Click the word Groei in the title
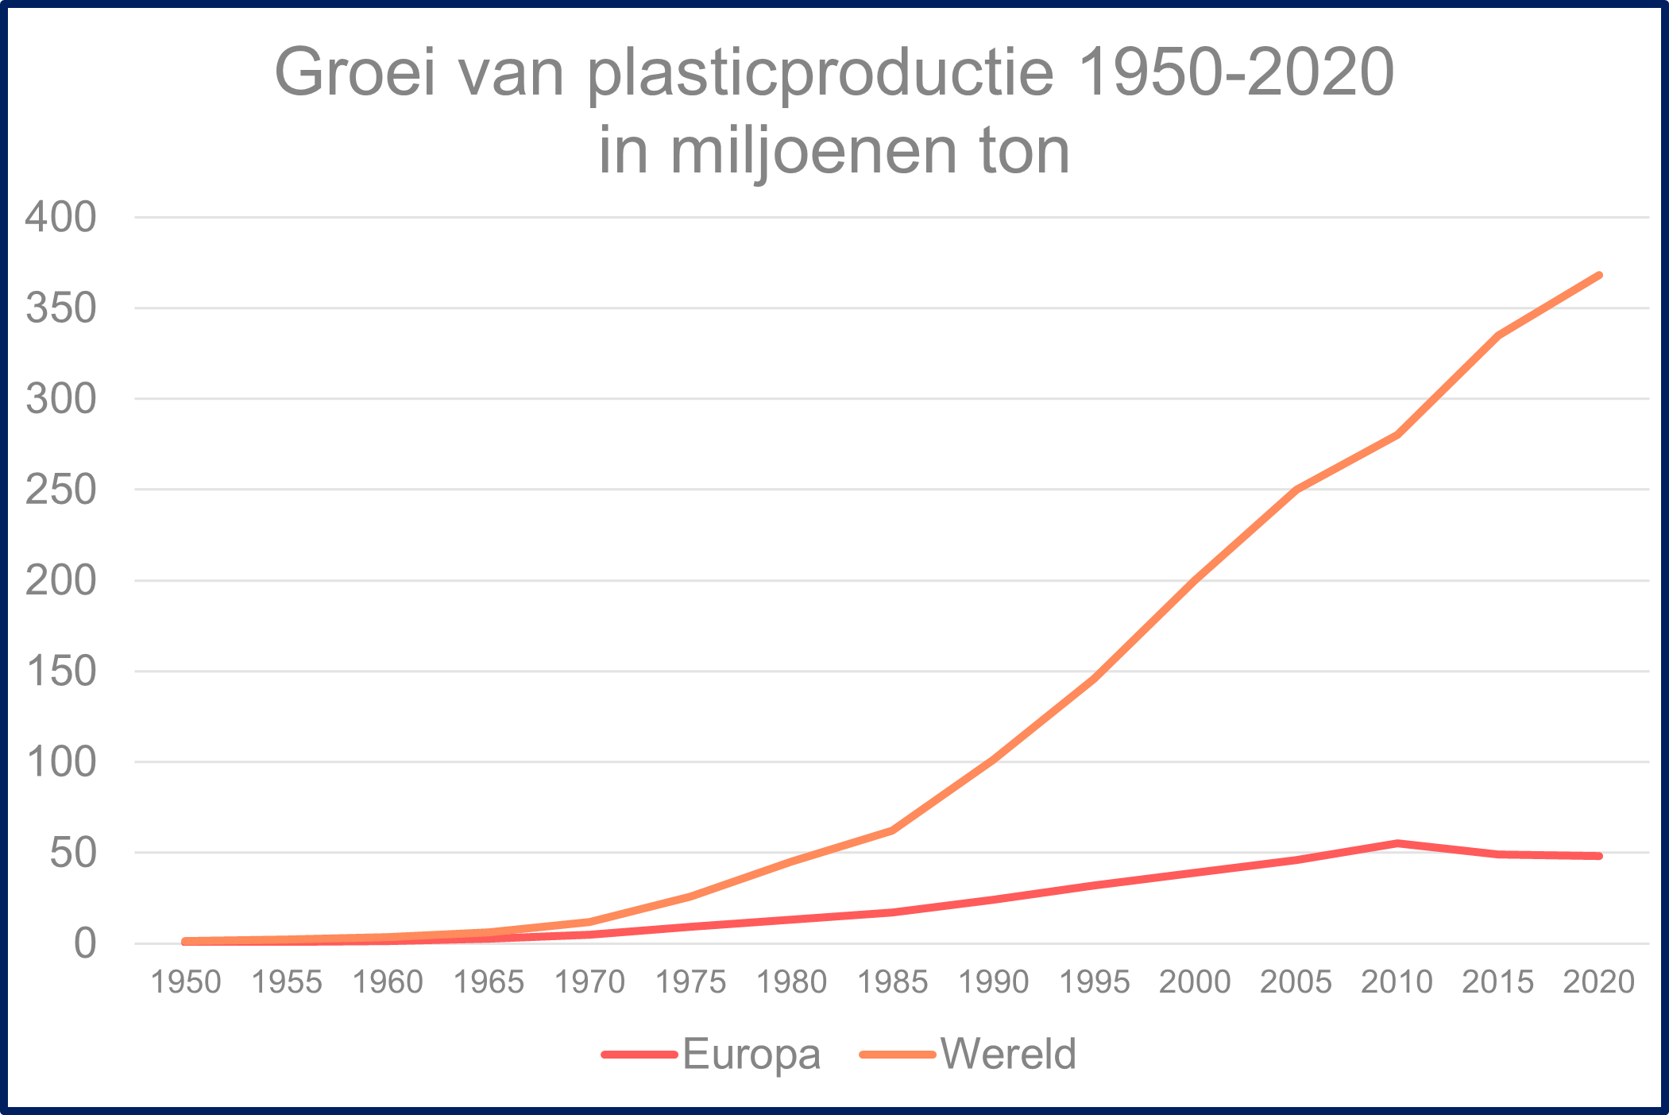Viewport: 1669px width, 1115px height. tap(355, 73)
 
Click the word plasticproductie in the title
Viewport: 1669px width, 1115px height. tap(821, 73)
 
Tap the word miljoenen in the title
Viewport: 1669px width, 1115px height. tap(813, 151)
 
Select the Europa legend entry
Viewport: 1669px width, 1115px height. tap(751, 1055)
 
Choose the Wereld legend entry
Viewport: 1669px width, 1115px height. tap(1007, 1055)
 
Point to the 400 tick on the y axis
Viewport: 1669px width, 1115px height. tap(60, 217)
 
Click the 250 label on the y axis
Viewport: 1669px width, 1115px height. tap(60, 490)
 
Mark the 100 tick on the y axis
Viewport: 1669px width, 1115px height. tap(60, 762)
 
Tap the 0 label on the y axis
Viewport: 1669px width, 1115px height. tap(84, 943)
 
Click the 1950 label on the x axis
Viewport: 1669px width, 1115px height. tap(186, 982)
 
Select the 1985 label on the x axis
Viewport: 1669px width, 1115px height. tap(893, 982)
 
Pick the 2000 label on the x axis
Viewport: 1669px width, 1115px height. tap(1195, 982)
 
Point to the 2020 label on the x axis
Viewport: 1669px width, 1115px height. tap(1598, 982)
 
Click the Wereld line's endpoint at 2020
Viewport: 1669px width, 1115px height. tap(1598, 276)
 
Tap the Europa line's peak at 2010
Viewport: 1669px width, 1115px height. tap(1397, 843)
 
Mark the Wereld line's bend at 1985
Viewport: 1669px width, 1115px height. tap(893, 830)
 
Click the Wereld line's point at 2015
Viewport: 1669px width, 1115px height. tap(1498, 335)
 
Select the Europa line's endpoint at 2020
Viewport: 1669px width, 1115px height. tap(1598, 856)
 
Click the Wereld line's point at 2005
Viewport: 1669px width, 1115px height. tap(1296, 489)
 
